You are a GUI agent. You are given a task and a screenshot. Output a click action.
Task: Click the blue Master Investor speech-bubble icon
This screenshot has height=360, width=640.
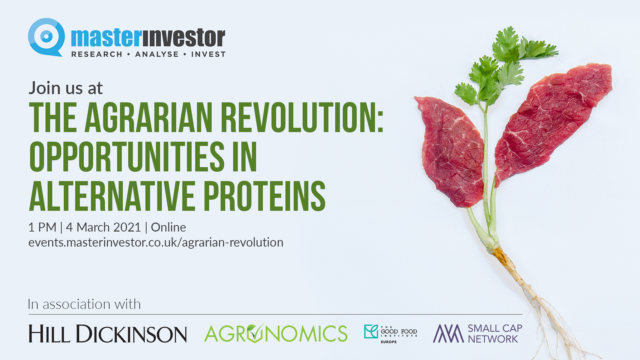coord(46,37)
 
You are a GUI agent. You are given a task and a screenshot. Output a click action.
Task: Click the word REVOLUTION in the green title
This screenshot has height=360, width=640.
coord(302,117)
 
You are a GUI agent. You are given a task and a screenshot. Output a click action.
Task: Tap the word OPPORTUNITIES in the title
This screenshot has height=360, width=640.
coord(127,156)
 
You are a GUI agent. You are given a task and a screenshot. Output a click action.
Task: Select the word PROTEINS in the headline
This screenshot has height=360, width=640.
coord(265,196)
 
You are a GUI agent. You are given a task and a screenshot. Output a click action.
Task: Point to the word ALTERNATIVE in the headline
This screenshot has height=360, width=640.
coord(112,196)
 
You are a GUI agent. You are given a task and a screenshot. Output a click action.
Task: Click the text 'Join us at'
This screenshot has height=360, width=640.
coord(66,88)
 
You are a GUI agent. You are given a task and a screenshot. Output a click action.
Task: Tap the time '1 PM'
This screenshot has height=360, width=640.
coord(42,227)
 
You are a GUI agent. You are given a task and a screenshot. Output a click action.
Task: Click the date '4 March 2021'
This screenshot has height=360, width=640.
coord(103,227)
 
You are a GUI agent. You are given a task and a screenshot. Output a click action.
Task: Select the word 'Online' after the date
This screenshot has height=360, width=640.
coord(168,227)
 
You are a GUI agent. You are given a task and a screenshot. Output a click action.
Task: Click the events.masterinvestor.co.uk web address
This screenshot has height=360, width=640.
coord(156,242)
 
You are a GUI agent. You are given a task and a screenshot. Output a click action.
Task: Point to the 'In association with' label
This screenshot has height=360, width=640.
coord(84,304)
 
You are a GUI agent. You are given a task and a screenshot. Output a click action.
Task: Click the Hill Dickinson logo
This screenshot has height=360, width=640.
coord(108,334)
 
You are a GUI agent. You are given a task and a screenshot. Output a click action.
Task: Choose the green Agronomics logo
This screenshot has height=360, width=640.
coord(276,333)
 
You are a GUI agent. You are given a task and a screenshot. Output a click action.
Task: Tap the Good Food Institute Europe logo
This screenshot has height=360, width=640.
coord(390,334)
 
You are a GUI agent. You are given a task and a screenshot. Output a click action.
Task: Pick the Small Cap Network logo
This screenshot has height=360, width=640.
coord(478,334)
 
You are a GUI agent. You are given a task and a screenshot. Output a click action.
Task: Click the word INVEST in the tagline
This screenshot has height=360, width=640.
coord(208,54)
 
